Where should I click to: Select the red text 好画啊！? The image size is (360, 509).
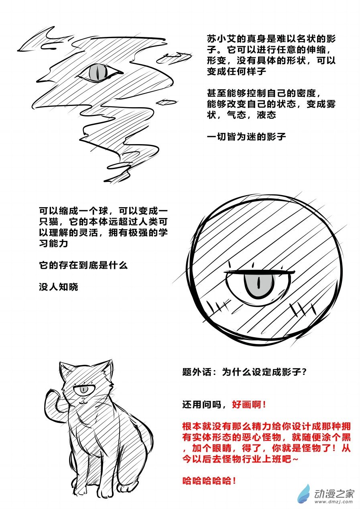coord(249,404)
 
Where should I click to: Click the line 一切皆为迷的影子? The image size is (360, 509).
coord(246,136)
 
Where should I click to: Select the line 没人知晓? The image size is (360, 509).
coord(59,287)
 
